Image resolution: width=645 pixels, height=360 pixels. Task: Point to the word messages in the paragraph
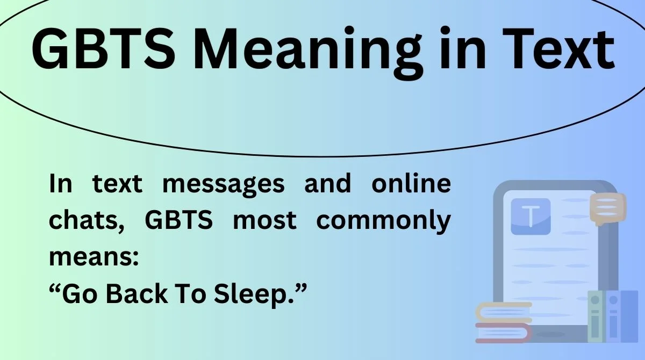tap(223, 184)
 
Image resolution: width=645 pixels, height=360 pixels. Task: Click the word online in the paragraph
tap(411, 184)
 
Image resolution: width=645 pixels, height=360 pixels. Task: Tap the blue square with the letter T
tap(531, 216)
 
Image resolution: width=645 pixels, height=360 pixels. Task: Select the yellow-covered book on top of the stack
tap(503, 312)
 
